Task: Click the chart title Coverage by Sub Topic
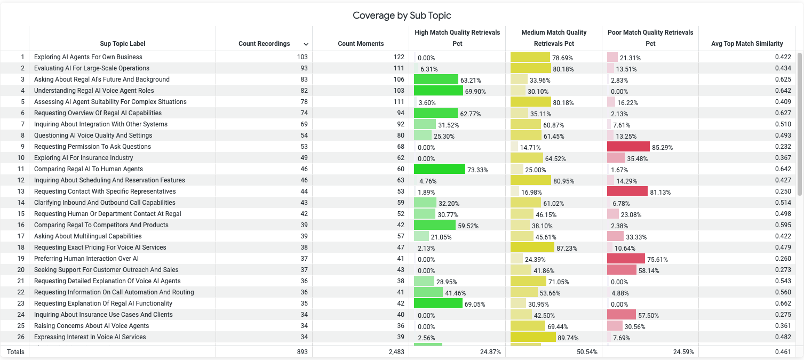pyautogui.click(x=402, y=15)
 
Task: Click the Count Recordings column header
pyautogui.click(x=264, y=44)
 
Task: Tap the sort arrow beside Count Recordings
pyautogui.click(x=306, y=44)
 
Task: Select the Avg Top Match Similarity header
pyautogui.click(x=747, y=44)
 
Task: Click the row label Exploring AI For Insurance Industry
pyautogui.click(x=83, y=158)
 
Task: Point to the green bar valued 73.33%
pyautogui.click(x=439, y=169)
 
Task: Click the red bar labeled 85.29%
pyautogui.click(x=628, y=147)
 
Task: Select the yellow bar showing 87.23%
pyautogui.click(x=532, y=247)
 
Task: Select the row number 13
pyautogui.click(x=21, y=191)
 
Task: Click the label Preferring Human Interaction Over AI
pyautogui.click(x=86, y=259)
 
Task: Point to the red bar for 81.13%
pyautogui.click(x=627, y=191)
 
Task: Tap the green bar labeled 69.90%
pyautogui.click(x=438, y=91)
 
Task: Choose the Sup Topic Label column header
pyautogui.click(x=122, y=44)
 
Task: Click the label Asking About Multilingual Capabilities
pyautogui.click(x=87, y=236)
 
